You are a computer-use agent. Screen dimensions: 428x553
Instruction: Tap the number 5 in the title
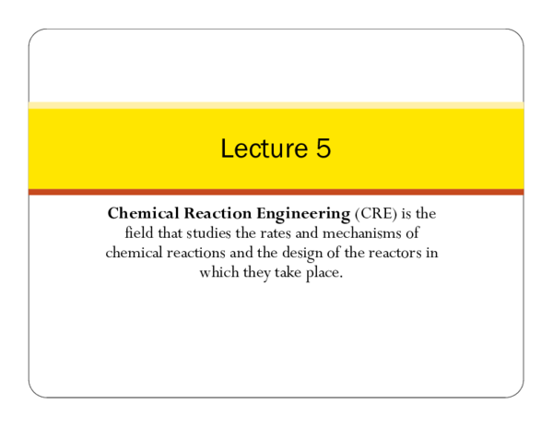coord(322,149)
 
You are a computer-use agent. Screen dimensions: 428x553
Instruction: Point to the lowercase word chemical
coord(137,254)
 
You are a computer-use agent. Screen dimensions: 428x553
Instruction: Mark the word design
coord(304,254)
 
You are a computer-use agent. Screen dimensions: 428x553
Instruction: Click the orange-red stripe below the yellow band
coord(276,192)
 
